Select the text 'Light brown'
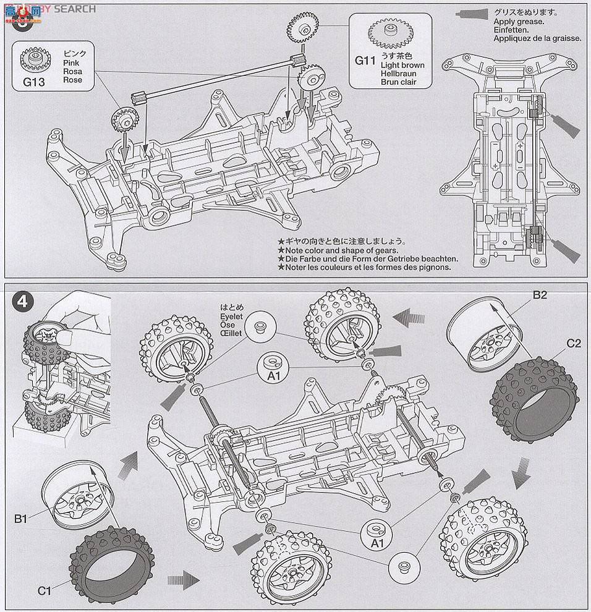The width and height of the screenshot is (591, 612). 402,65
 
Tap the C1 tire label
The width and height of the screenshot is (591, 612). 44,590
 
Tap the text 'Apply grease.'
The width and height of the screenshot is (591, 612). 519,22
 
